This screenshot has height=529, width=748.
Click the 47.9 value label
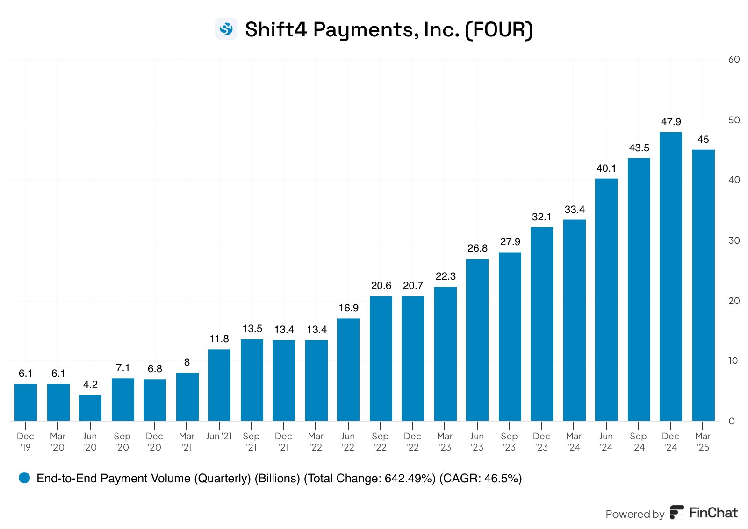click(670, 122)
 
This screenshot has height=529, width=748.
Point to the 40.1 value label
click(606, 169)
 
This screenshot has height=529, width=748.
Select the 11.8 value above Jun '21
click(219, 339)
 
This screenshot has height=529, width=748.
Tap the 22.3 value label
click(445, 276)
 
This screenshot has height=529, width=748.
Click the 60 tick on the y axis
click(734, 59)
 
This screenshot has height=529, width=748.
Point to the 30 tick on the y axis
click(734, 240)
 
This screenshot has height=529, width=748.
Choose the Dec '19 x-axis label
click(25, 442)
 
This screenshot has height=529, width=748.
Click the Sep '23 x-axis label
click(509, 442)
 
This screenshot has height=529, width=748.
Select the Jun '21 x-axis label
click(219, 436)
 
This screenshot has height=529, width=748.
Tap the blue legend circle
click(24, 478)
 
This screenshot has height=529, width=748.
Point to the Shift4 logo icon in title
click(226, 29)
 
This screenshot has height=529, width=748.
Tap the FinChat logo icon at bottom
click(676, 512)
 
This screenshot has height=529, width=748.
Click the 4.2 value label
click(90, 385)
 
